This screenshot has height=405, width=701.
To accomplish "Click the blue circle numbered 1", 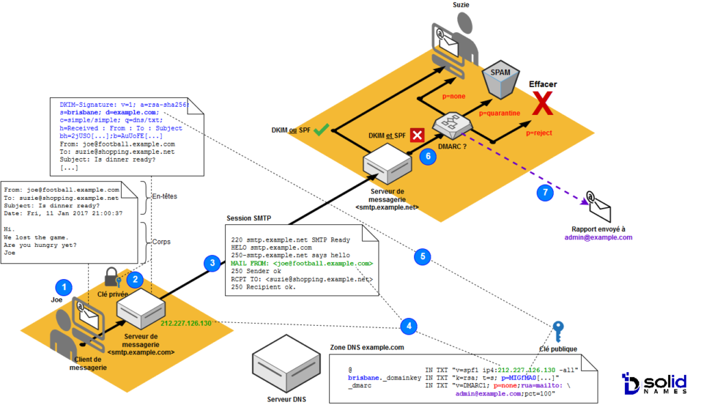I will [64, 287].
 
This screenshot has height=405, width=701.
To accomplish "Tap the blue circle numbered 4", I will [409, 325].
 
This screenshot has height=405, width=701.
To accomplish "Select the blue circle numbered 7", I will [545, 193].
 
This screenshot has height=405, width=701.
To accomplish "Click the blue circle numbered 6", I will [428, 155].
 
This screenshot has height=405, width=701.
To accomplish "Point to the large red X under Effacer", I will [543, 105].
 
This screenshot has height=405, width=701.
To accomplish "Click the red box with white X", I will [416, 134].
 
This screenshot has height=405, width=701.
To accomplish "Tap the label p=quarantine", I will [500, 113].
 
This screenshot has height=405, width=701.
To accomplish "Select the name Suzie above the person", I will [461, 5].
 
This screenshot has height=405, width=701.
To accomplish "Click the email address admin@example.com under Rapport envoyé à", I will [598, 237].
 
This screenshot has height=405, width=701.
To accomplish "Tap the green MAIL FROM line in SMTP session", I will [302, 263].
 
